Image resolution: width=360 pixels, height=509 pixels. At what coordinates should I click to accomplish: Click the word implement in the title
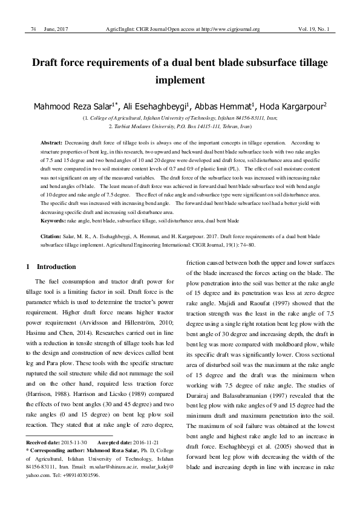pos(180,79)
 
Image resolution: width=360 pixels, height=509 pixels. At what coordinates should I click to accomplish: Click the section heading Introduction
pos(56,267)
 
